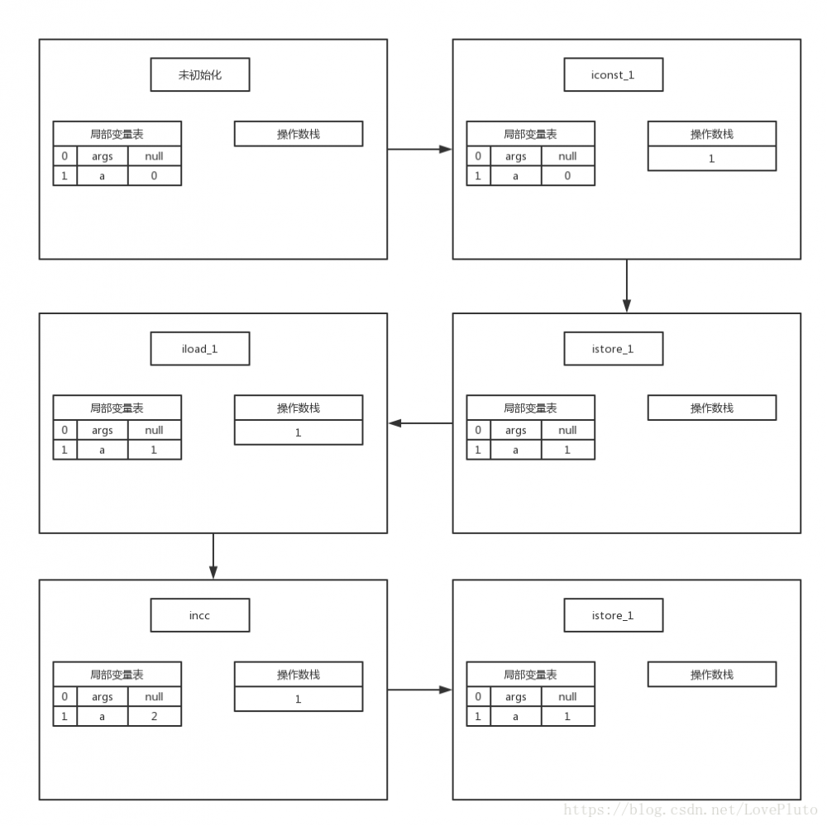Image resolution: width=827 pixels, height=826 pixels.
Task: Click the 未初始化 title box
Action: pos(200,75)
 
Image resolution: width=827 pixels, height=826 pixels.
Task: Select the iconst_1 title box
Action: pos(614,75)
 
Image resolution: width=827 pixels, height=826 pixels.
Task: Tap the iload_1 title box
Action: pos(200,349)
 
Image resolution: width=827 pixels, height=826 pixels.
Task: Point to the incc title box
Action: pos(200,615)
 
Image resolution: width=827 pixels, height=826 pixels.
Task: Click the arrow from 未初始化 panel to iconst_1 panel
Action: pos(419,150)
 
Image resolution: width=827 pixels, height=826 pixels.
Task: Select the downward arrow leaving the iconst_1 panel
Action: pos(627,286)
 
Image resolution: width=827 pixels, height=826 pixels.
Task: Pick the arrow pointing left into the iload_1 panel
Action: pos(420,423)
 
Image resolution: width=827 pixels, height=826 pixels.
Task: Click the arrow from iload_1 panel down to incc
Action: pos(213,556)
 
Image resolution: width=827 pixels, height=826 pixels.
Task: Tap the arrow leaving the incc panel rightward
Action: pos(419,690)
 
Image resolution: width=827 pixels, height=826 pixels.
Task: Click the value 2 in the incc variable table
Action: pos(154,716)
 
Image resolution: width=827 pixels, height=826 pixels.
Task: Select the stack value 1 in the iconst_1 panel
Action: pos(711,159)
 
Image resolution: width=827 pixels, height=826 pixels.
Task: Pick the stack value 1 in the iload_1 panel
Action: pos(299,432)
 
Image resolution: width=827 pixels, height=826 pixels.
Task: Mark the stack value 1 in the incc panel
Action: pos(299,699)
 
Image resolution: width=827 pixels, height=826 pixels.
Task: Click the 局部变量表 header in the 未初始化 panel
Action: pos(117,134)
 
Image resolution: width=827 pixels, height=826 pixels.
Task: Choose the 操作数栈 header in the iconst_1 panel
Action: pos(711,134)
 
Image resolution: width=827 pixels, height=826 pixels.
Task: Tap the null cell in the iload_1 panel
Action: pos(154,430)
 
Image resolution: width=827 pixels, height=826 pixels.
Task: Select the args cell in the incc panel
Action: pos(103,696)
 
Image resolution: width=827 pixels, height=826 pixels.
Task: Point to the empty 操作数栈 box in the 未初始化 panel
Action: pos(299,134)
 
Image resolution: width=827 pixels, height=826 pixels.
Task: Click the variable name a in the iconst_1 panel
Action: pos(515,175)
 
